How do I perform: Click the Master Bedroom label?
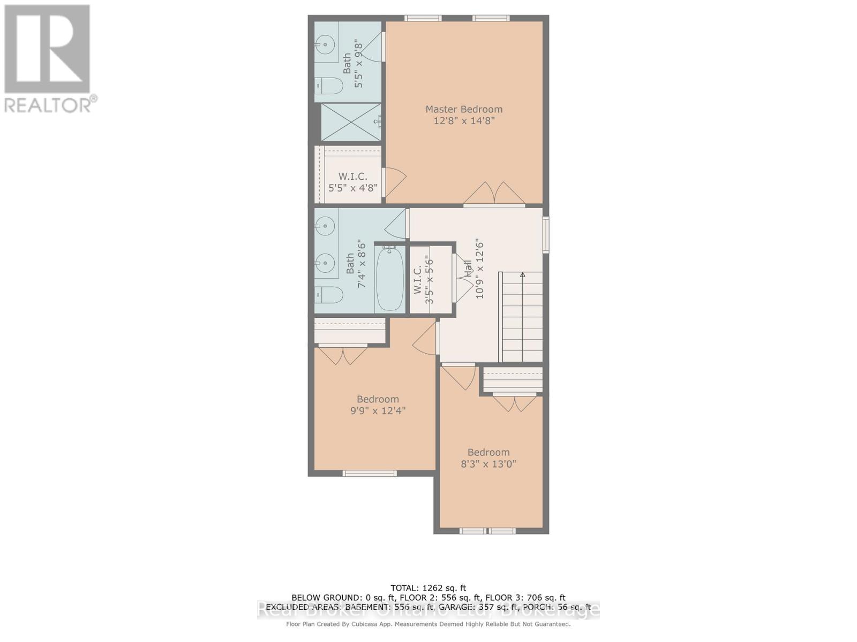464,109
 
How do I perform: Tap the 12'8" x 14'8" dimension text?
464,121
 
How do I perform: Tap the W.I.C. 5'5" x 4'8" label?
352,182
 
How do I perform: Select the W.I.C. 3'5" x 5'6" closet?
430,280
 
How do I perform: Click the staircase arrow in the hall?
522,275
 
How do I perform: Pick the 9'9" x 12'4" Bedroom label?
378,405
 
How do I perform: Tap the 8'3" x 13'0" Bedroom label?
488,458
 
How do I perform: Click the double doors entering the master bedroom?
494,193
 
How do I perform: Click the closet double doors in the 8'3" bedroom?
514,402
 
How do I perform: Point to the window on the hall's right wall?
546,234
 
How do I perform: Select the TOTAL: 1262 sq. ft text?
428,588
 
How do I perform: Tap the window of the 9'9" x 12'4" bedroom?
370,473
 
